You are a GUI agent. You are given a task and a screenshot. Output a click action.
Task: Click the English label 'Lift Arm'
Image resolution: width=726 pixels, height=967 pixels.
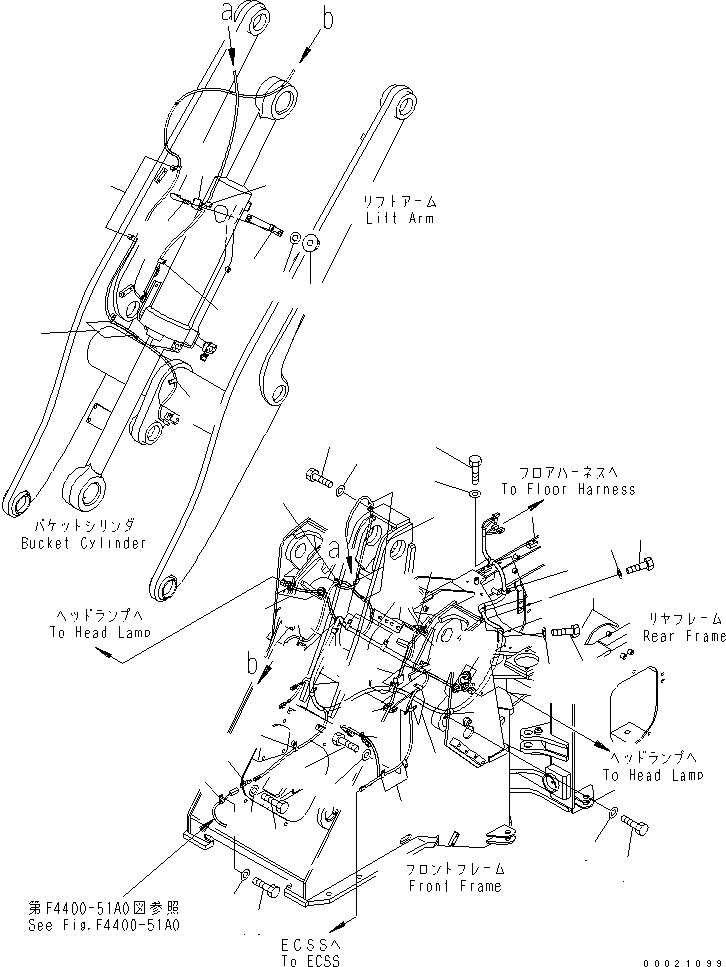pyautogui.click(x=398, y=218)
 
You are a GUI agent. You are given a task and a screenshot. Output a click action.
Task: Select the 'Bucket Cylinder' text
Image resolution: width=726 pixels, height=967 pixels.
pyautogui.click(x=82, y=543)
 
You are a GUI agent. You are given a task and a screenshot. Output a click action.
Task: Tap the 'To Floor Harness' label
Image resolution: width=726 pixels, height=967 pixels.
pyautogui.click(x=567, y=489)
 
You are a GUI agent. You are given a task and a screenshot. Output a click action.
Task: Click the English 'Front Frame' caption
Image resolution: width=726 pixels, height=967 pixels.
pyautogui.click(x=453, y=886)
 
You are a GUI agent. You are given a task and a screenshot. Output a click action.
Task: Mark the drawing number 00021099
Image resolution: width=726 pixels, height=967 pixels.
pyautogui.click(x=683, y=956)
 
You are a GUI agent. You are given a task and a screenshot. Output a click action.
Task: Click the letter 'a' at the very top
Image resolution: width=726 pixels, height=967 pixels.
pyautogui.click(x=227, y=12)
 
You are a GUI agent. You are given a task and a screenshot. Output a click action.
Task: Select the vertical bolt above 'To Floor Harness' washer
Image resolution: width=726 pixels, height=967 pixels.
pyautogui.click(x=474, y=464)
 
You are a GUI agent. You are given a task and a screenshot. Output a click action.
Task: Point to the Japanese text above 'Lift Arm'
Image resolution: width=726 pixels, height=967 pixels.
pyautogui.click(x=398, y=201)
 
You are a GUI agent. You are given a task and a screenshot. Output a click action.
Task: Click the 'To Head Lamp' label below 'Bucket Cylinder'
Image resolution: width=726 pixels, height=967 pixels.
pyautogui.click(x=98, y=632)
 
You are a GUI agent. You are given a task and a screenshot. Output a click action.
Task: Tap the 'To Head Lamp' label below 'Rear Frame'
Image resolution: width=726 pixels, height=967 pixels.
pyautogui.click(x=650, y=775)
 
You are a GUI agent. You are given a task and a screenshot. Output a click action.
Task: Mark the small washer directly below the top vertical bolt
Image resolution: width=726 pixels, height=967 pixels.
pyautogui.click(x=474, y=493)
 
